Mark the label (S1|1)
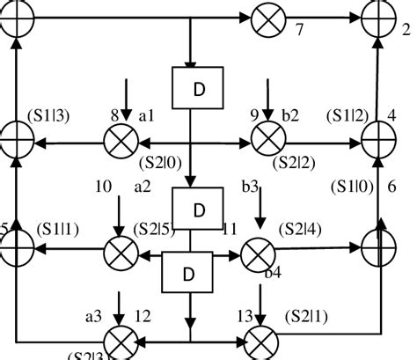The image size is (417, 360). (41, 229)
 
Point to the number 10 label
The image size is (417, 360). (103, 187)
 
